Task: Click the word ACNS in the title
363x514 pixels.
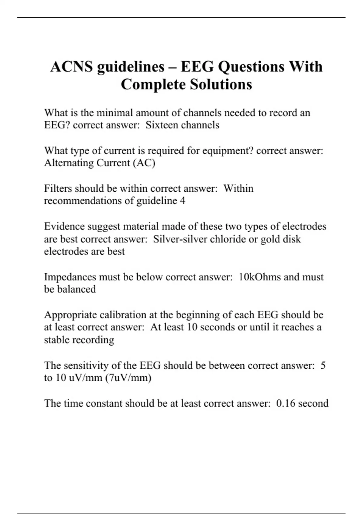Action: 71,67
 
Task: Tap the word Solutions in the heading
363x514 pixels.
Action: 221,84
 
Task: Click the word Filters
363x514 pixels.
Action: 58,188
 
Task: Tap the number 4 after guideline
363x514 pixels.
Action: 182,201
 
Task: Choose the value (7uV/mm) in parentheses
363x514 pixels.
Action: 128,378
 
